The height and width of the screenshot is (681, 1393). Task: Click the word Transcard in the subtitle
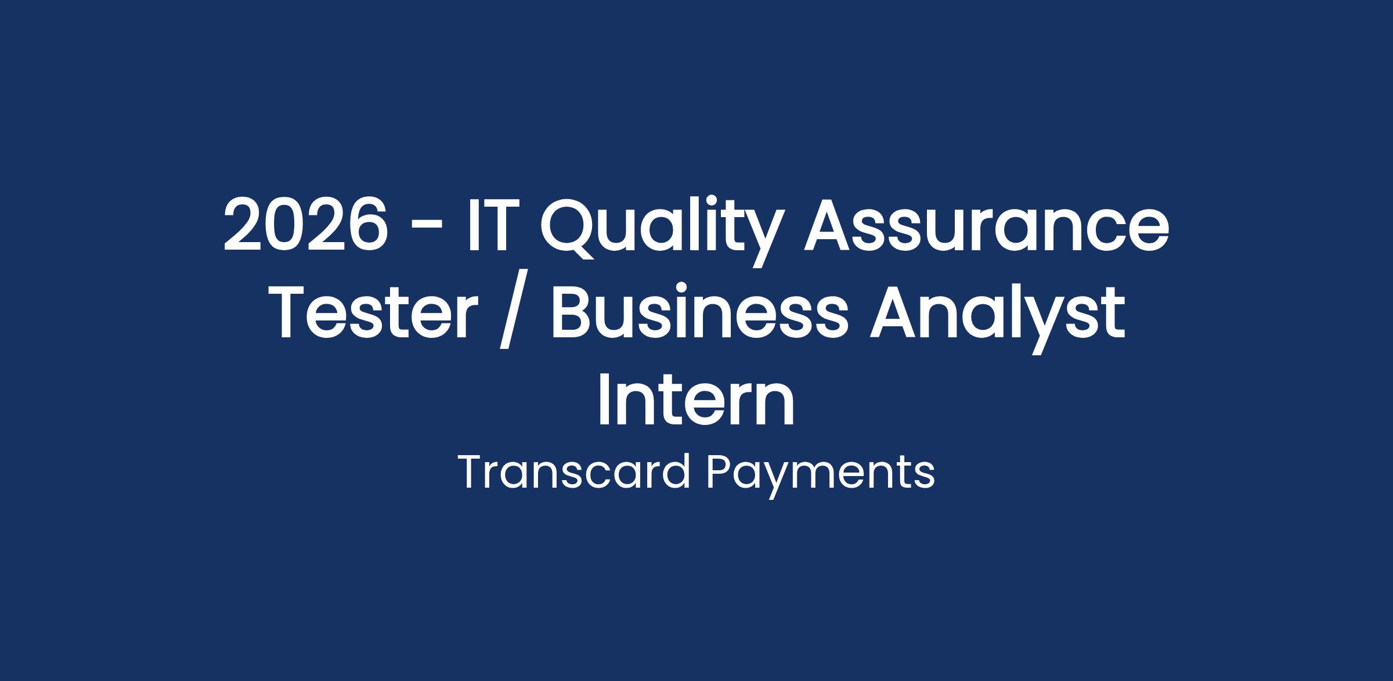(x=574, y=473)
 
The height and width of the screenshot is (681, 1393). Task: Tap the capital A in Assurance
(x=832, y=225)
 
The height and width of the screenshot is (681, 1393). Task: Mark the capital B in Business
(x=572, y=311)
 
